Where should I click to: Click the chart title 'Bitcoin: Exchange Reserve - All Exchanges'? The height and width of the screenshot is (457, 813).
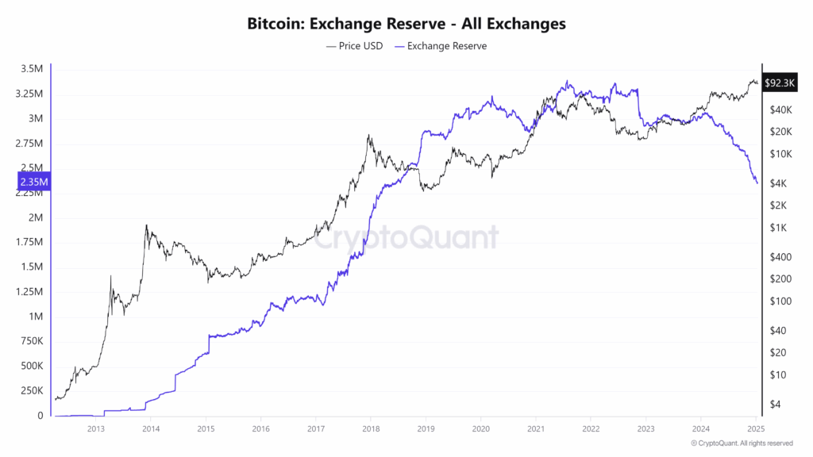406,24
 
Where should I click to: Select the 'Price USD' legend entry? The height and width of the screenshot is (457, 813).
354,46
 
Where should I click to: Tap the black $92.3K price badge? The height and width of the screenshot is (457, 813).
778,83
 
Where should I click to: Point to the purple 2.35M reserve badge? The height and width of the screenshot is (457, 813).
34,182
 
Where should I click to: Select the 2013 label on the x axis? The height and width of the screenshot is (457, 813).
95,429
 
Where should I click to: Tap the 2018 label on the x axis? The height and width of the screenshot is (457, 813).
370,429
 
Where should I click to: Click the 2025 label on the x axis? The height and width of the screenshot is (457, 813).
756,429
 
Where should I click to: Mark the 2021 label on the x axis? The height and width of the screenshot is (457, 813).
535,429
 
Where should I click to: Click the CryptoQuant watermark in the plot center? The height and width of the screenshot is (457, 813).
406,237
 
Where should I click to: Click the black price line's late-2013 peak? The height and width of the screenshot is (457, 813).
146,225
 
